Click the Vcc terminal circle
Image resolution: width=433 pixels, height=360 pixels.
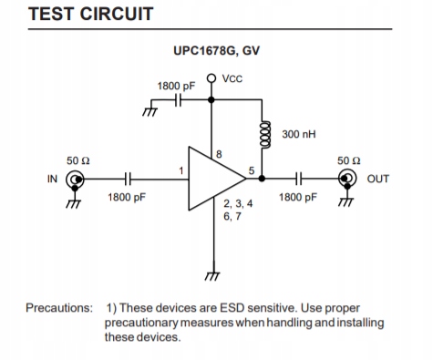pos(211,78)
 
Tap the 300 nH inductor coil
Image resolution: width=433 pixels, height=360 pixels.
pos(264,135)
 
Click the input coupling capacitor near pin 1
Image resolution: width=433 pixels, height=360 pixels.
pos(128,179)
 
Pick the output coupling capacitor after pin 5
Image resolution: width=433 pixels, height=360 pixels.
pos(299,179)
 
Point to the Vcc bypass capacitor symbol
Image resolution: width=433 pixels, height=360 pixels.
pos(178,99)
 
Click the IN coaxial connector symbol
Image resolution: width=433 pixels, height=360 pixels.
pos(75,180)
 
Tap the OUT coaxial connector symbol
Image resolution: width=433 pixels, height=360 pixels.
pos(347,179)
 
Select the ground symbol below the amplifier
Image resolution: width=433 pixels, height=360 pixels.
pos(212,276)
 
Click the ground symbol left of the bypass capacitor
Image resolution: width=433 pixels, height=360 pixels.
pos(150,112)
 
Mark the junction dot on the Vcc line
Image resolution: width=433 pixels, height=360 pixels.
pos(211,99)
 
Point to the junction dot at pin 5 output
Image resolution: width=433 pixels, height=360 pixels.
pos(262,179)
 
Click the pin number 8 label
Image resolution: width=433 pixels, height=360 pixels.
pos(219,154)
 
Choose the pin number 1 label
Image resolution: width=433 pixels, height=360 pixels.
pos(181,171)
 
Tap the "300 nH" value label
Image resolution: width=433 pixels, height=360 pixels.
pos(299,134)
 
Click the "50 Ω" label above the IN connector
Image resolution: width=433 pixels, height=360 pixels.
pos(78,160)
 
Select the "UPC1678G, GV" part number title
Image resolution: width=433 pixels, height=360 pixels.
pos(216,51)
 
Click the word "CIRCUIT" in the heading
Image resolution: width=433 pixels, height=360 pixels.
pos(117,14)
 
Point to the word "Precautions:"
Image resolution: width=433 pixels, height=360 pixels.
pos(59,308)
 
